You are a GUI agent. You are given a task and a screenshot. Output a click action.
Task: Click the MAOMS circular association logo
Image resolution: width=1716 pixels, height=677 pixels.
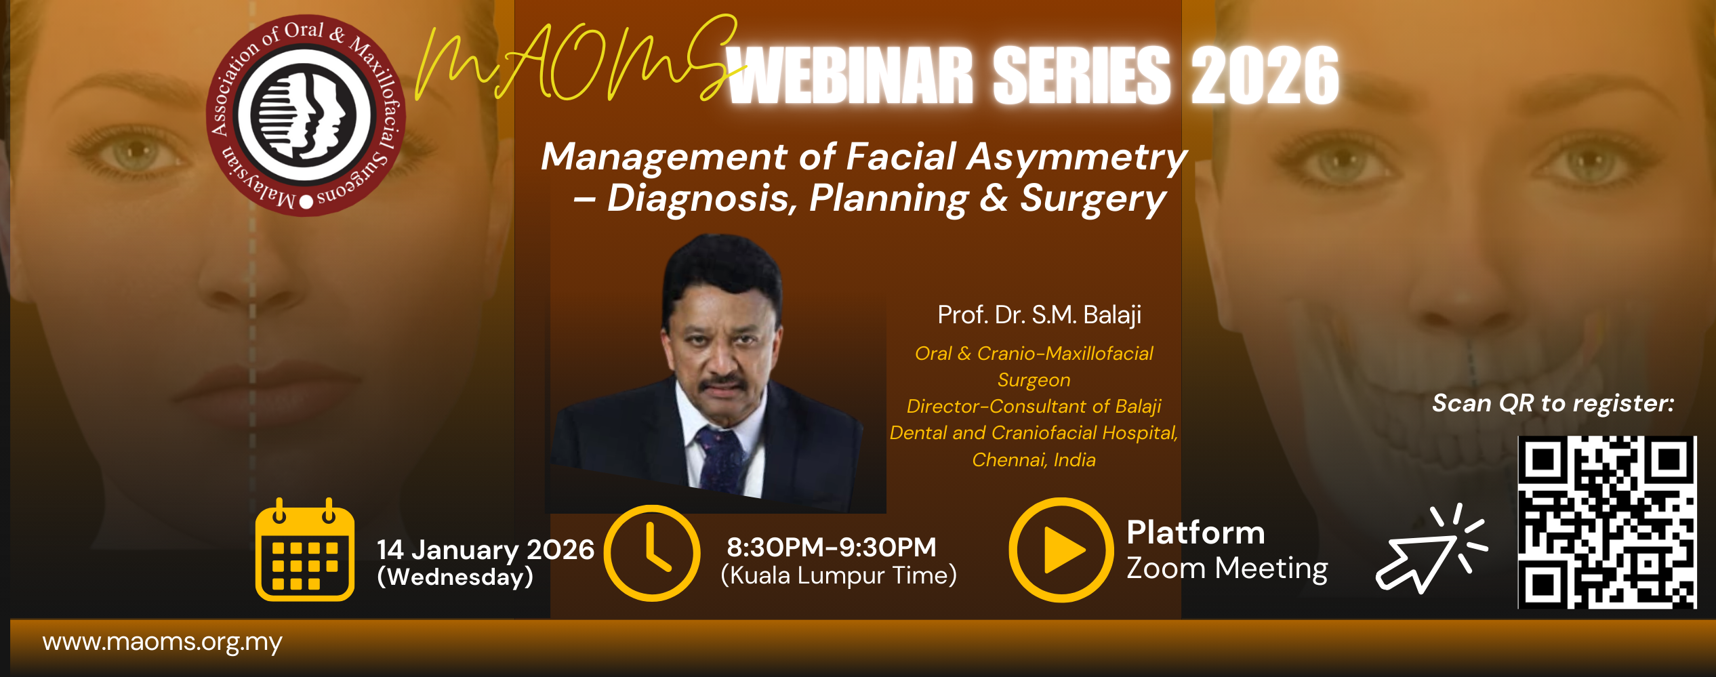pyautogui.click(x=306, y=115)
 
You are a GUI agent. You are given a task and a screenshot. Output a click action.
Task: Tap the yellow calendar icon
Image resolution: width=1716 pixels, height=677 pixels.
pyautogui.click(x=305, y=550)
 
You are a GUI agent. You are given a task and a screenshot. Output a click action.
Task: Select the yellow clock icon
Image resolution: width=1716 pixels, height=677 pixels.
pyautogui.click(x=652, y=553)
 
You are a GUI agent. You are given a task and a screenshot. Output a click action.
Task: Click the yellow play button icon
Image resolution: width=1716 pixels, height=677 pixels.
pyautogui.click(x=1061, y=550)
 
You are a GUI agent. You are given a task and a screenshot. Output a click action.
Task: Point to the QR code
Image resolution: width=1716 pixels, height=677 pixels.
pyautogui.click(x=1607, y=522)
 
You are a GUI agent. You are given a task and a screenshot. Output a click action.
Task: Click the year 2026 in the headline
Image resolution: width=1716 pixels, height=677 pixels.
pyautogui.click(x=1265, y=75)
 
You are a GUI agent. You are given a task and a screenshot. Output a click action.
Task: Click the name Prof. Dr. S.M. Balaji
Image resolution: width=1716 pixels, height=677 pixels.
pyautogui.click(x=1040, y=315)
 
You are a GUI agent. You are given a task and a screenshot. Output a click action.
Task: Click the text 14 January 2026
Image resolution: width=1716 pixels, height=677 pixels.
pyautogui.click(x=485, y=550)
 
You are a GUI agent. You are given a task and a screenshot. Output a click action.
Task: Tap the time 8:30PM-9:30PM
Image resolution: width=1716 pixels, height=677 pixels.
pyautogui.click(x=832, y=547)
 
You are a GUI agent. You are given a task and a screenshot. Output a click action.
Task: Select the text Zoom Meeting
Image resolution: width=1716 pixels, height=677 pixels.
pyautogui.click(x=1227, y=568)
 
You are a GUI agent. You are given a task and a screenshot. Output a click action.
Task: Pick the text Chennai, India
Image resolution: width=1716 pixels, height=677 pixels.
pyautogui.click(x=1034, y=460)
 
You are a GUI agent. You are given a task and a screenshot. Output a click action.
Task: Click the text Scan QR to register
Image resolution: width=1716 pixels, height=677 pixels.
pyautogui.click(x=1553, y=404)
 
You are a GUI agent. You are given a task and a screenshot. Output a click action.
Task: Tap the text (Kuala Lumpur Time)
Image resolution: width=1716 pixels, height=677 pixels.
pyautogui.click(x=838, y=576)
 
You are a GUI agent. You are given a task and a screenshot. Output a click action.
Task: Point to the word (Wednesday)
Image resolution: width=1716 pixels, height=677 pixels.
pyautogui.click(x=455, y=577)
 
